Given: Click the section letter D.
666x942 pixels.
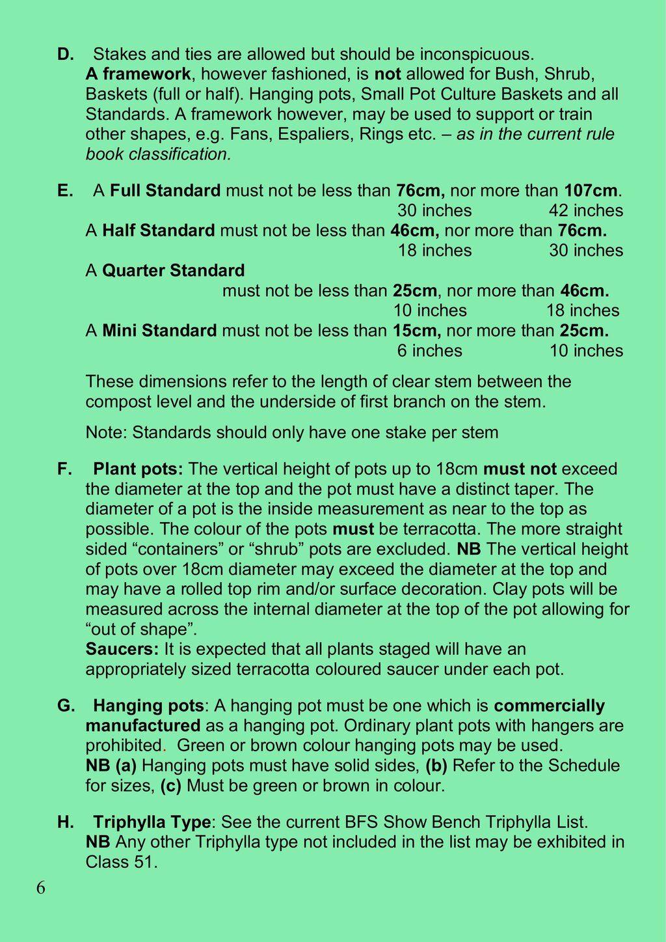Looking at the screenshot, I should tap(65, 54).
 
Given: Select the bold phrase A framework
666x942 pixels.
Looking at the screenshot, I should tap(138, 74).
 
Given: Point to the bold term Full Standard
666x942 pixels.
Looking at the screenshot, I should tap(165, 191).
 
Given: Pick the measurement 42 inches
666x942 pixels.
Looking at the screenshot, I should tap(585, 211).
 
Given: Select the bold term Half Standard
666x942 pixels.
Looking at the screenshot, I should tap(158, 230).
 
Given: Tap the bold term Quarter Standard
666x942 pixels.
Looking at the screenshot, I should tap(173, 271).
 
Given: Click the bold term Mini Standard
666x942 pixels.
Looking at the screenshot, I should tap(159, 331).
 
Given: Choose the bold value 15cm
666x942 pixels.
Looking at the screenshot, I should tap(416, 331).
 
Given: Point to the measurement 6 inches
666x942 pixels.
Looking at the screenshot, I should tap(429, 351).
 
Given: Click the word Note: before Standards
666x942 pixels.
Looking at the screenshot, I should tap(106, 432).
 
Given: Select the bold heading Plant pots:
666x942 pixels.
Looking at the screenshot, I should tap(139, 469).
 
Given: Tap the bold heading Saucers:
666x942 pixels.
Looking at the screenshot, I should tap(122, 649).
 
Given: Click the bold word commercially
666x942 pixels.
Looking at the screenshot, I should tap(549, 706).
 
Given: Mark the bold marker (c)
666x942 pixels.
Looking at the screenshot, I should tap(170, 786).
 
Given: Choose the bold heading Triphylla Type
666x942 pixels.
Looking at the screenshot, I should tap(152, 822).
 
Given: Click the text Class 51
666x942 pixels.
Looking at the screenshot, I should tap(121, 863).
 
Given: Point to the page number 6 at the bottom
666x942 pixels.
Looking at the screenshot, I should tap(41, 889).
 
